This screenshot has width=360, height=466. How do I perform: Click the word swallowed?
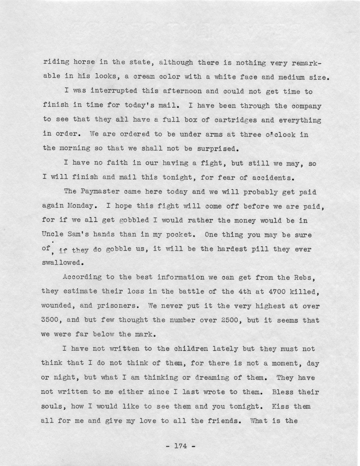point(61,263)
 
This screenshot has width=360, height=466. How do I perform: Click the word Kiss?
point(280,406)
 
